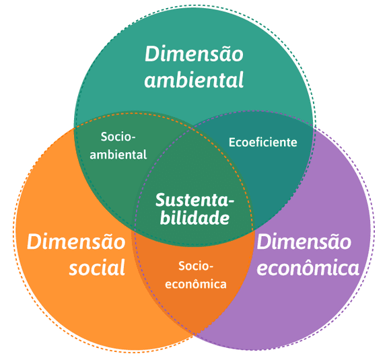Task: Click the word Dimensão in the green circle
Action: coord(194,53)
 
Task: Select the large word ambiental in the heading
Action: coord(194,81)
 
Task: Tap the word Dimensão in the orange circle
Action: coord(76,242)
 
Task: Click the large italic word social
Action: coord(97,268)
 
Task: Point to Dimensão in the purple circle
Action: coord(304,242)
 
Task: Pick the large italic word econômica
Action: coord(308,268)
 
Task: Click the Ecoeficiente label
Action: coord(262,143)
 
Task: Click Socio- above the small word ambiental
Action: coord(118,137)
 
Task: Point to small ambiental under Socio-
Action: coord(118,154)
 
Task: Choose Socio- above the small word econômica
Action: coord(196,266)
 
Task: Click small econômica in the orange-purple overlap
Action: coord(196,283)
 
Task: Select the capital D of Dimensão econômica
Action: coord(264,242)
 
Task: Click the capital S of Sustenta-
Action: coord(160,201)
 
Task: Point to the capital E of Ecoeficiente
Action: coord(232,143)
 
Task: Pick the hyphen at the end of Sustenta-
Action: coord(231,202)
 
